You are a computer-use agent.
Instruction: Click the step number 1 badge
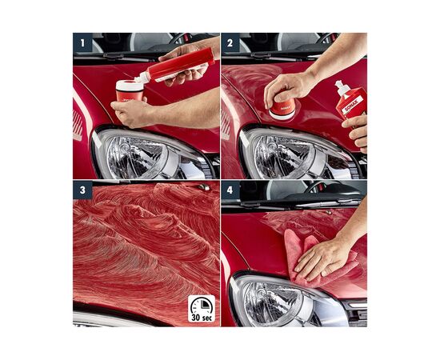pyautogui.click(x=81, y=41)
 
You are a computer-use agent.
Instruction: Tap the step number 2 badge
pyautogui.click(x=229, y=41)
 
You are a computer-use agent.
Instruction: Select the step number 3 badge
pyautogui.click(x=81, y=190)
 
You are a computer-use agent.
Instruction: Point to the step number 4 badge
pyautogui.click(x=229, y=190)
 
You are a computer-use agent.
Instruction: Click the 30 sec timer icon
pyautogui.click(x=201, y=308)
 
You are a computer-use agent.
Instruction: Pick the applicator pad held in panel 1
pyautogui.click(x=129, y=90)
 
